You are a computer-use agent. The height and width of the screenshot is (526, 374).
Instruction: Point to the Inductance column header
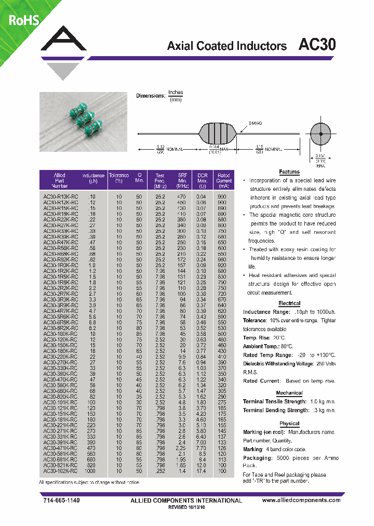pyautogui.click(x=93, y=180)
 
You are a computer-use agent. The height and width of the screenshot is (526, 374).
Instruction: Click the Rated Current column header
pyautogui.click(x=223, y=180)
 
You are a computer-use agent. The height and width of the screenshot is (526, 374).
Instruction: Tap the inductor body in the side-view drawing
pyautogui.click(x=217, y=133)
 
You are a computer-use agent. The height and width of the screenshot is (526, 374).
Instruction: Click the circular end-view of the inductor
pyautogui.click(x=321, y=134)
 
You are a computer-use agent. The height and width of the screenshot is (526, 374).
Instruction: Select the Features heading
pyautogui.click(x=289, y=172)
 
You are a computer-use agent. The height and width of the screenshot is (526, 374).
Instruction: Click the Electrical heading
pyautogui.click(x=289, y=303)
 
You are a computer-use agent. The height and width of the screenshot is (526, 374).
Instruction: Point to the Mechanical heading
pyautogui.click(x=289, y=393)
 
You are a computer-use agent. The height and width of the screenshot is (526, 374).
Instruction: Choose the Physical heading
pyautogui.click(x=289, y=424)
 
